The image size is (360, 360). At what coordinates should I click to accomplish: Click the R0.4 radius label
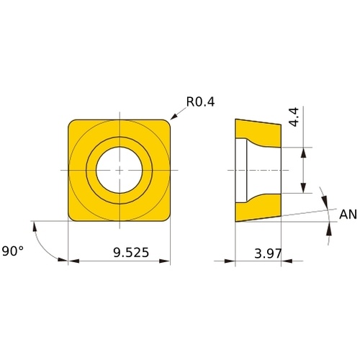coord(200,102)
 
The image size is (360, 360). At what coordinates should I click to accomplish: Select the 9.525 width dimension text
coord(131,253)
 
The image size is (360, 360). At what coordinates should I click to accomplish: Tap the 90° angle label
coord(13,251)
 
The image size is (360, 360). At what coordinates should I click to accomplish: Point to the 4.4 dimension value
coord(294,117)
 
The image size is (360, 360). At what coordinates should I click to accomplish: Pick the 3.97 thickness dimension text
coord(268,253)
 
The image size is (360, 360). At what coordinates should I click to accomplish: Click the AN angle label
coord(348,215)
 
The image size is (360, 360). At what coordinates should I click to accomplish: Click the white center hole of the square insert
coord(120,170)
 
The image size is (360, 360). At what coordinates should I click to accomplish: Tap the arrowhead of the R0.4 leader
coord(174,117)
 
